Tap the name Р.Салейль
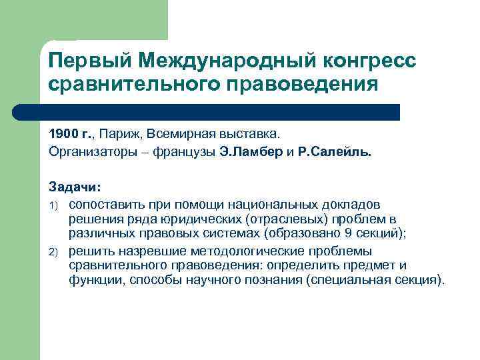(x=339, y=151)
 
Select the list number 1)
(x=54, y=203)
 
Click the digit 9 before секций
(x=342, y=235)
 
